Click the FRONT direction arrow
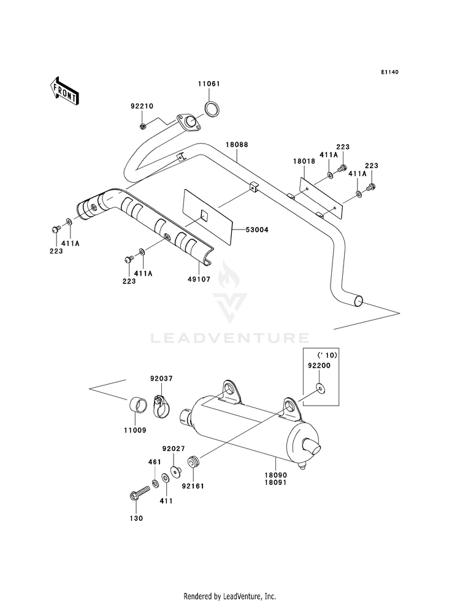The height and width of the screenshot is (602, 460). (x=64, y=91)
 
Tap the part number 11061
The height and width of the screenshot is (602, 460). (x=209, y=83)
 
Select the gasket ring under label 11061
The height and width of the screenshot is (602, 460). (x=212, y=109)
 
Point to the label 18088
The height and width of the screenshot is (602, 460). (x=237, y=145)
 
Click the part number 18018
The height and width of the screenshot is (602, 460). (x=304, y=161)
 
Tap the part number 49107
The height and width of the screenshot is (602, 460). (x=199, y=279)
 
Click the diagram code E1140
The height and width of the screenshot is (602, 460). (x=390, y=72)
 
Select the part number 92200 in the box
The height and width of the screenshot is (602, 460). (x=319, y=366)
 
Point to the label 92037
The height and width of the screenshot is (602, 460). (x=161, y=379)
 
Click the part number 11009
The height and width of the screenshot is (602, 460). (x=135, y=430)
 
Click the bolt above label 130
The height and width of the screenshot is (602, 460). (x=140, y=493)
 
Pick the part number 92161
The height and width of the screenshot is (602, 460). (x=193, y=486)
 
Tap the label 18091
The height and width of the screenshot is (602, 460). (x=275, y=483)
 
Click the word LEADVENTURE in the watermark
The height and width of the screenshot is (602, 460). (x=230, y=338)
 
